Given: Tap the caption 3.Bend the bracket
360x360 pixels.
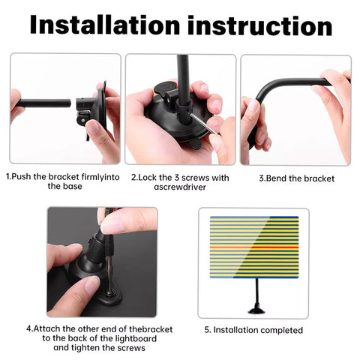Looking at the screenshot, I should pos(296,178).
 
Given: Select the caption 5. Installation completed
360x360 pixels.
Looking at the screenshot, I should pos(253,330).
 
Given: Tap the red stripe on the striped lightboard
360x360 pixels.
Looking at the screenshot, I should pos(253,245).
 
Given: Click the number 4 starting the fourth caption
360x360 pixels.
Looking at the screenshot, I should pos(28,328).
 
